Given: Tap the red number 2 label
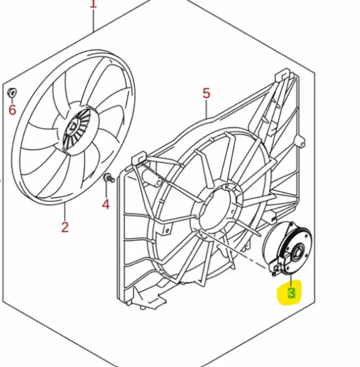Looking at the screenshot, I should click(65, 228).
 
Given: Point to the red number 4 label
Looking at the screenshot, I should click(106, 204).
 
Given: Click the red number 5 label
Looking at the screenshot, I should click(206, 93).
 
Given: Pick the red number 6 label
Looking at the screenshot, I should click(12, 109).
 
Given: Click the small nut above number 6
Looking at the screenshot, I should click(12, 92).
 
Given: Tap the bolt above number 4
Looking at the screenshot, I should click(108, 178).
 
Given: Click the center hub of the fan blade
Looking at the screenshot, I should click(75, 127).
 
